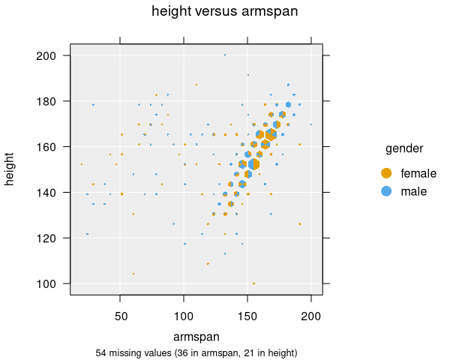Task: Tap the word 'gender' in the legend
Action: (x=403, y=148)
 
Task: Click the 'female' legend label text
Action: (x=418, y=173)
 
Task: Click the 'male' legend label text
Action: (x=414, y=191)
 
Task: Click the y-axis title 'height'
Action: (x=10, y=169)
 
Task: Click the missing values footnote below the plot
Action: (x=196, y=352)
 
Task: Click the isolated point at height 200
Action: (x=225, y=55)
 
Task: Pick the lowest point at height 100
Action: (x=254, y=283)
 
